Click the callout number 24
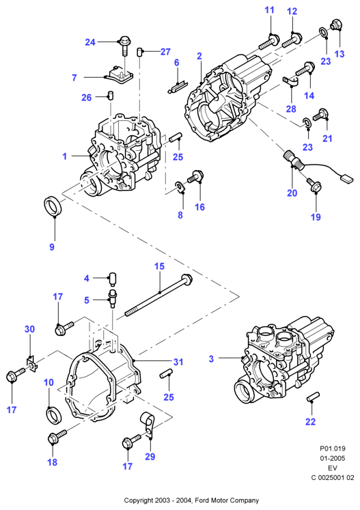click(90, 42)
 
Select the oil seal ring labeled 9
click(54, 206)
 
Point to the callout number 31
click(178, 362)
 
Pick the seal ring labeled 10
click(53, 415)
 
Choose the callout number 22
click(310, 421)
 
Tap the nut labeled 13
click(336, 25)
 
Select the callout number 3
click(211, 358)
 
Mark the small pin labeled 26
click(110, 96)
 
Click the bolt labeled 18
click(57, 436)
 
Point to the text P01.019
click(332, 449)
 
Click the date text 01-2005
click(332, 458)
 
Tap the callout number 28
click(291, 109)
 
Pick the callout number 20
click(292, 193)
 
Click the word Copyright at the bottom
click(138, 500)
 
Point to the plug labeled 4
click(113, 279)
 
